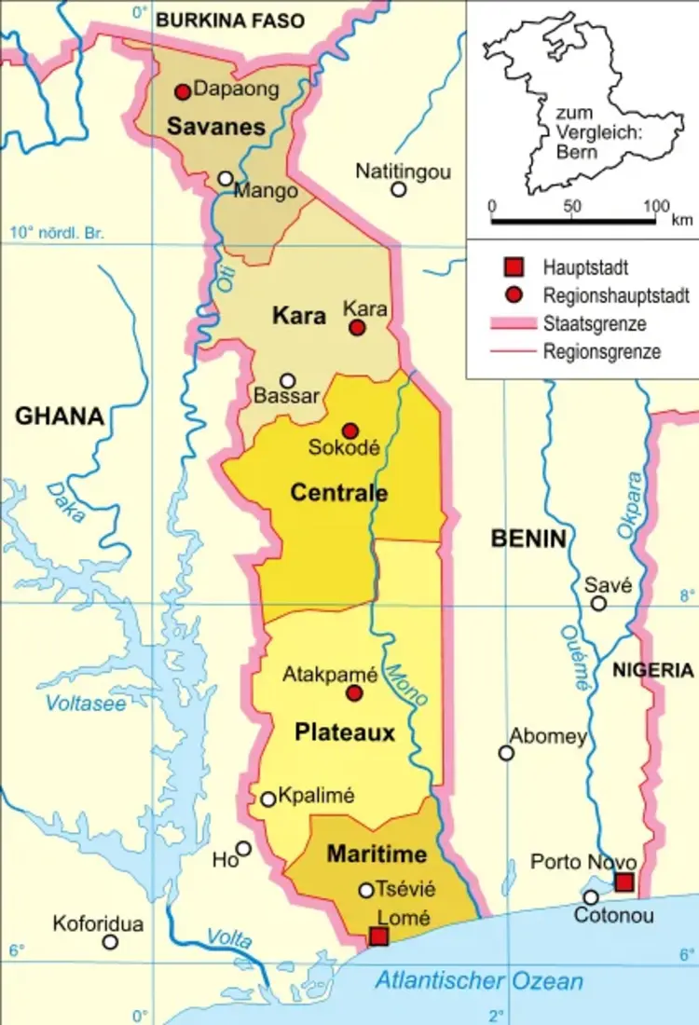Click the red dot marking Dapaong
(x=183, y=91)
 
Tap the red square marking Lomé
(x=378, y=936)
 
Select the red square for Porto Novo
(x=624, y=882)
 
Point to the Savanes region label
(x=217, y=128)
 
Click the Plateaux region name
(x=345, y=733)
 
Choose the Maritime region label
(x=377, y=854)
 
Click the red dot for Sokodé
(x=349, y=430)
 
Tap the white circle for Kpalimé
(x=268, y=799)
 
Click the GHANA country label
(x=59, y=417)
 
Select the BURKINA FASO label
(x=230, y=20)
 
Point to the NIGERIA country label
(x=652, y=670)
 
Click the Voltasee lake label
(x=86, y=704)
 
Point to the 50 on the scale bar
(x=573, y=206)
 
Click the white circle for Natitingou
(x=399, y=189)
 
